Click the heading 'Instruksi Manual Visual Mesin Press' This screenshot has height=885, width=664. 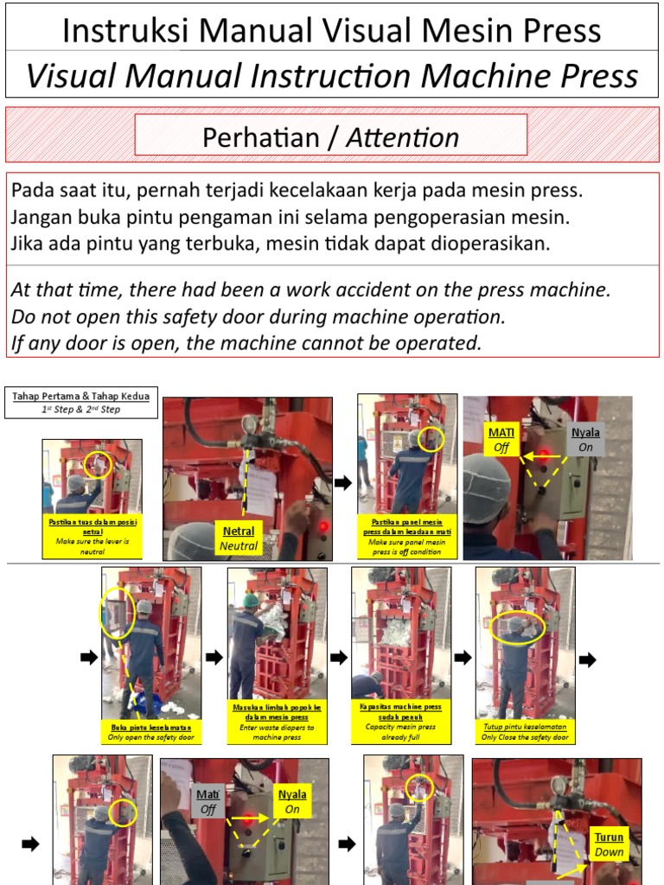[332, 30]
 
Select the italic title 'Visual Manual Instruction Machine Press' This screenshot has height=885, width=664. [332, 76]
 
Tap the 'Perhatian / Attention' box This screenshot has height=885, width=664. [330, 137]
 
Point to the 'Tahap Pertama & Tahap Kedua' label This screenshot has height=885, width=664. [81, 402]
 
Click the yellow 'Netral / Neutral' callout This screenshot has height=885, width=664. [239, 538]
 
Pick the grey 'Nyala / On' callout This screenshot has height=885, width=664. [586, 440]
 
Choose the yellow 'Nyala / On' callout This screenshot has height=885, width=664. [292, 801]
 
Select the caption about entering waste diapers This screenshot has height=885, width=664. [278, 722]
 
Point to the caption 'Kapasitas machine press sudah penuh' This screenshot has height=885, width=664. [401, 722]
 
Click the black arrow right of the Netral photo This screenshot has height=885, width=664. [343, 483]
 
